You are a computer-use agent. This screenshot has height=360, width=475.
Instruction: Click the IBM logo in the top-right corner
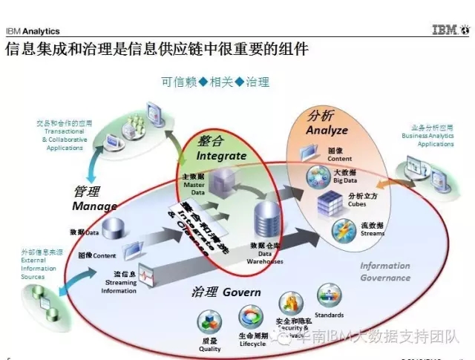point(451,30)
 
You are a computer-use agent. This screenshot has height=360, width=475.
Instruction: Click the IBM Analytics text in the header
point(33,31)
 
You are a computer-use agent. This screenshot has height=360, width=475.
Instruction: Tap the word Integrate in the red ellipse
point(220,156)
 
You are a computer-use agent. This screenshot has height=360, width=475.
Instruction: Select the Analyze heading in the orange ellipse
point(327,130)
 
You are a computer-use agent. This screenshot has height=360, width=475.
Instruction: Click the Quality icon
point(209,324)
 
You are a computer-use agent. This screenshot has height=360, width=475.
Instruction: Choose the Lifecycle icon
point(251,318)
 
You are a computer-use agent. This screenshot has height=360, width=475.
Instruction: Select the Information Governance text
point(385,272)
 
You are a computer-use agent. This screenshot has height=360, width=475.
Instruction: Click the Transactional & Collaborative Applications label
point(65,135)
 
